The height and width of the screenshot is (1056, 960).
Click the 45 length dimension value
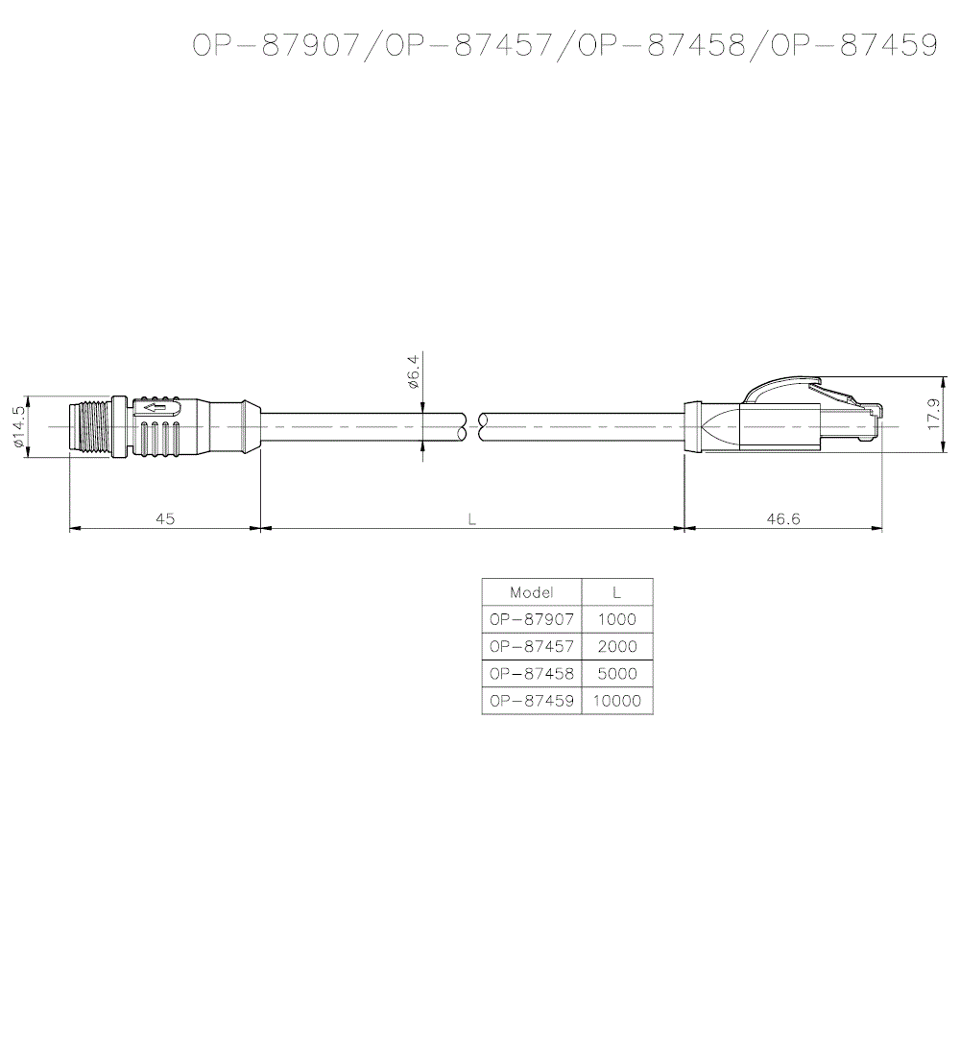pos(165,518)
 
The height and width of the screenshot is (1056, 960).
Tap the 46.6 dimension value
pos(783,518)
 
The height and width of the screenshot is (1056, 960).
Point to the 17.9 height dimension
pos(934,414)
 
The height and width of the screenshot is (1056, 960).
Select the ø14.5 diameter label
pos(18,427)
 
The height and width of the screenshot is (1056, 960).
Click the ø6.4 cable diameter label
pos(413,372)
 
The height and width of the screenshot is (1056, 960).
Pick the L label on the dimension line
pos(472,519)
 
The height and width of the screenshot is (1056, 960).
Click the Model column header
pos(532,592)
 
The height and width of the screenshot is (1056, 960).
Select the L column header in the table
pos(616,592)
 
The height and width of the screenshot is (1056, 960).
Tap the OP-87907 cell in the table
pos(532,619)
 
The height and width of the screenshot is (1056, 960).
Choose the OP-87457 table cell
pos(532,646)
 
